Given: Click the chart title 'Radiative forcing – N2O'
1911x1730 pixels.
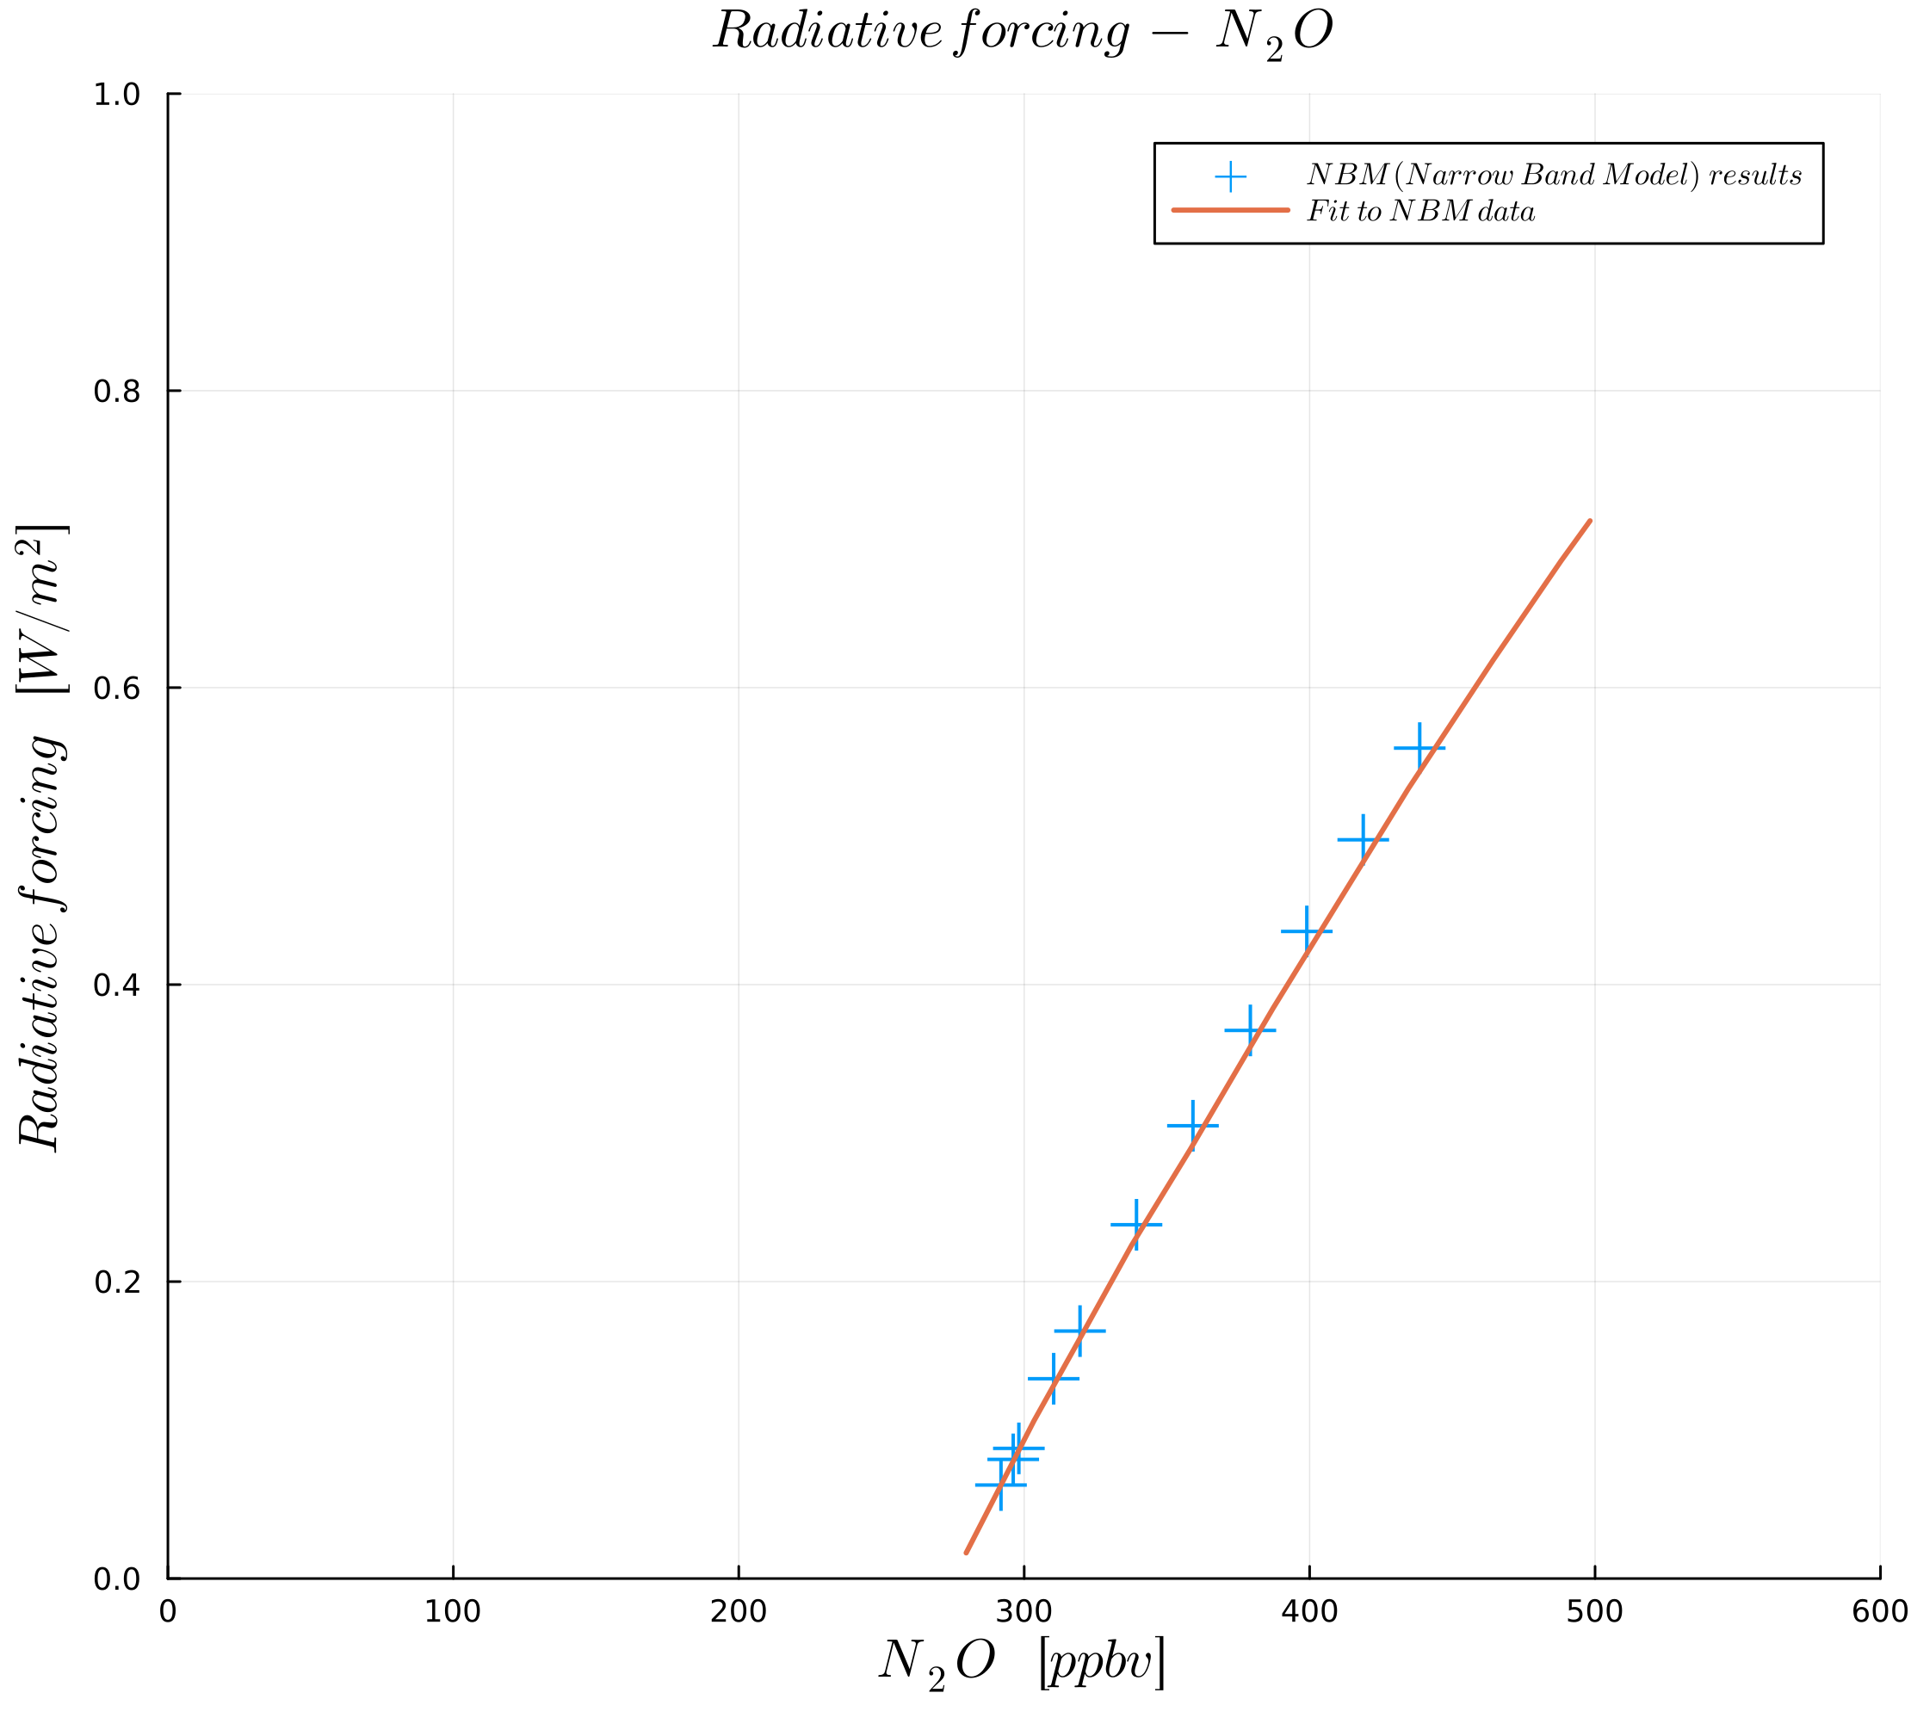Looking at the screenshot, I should point(1023,34).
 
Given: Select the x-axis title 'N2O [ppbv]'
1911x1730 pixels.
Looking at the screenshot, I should point(1021,1664).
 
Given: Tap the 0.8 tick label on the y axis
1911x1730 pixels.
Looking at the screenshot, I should point(116,392).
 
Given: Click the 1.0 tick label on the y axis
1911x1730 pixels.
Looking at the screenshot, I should point(116,95).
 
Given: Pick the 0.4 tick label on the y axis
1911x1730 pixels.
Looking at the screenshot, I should point(116,985).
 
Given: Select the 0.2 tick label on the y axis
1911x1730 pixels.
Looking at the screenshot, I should point(116,1282).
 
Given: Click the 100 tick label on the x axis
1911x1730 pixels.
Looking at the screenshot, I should point(452,1611).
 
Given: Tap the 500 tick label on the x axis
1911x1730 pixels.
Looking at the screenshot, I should point(1594,1611).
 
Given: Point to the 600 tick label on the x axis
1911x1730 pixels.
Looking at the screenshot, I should point(1879,1611).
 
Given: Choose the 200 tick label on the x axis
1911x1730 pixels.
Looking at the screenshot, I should point(739,1611).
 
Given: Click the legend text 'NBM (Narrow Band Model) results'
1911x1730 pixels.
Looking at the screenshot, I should point(1554,176).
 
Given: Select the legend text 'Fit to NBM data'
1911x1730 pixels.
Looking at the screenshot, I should point(1421,212).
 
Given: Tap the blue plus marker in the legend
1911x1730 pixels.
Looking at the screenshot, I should point(1230,176).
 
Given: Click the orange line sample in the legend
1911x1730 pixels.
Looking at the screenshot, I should point(1230,209).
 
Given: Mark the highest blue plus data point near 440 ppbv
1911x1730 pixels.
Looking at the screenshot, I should point(1419,748).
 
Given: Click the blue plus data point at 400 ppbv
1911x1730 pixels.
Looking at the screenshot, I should point(1306,931).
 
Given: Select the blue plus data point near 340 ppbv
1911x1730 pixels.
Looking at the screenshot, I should point(1135,1225).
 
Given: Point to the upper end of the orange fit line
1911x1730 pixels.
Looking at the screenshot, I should point(1590,522).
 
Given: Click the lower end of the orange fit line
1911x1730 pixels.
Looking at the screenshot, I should point(966,1553).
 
